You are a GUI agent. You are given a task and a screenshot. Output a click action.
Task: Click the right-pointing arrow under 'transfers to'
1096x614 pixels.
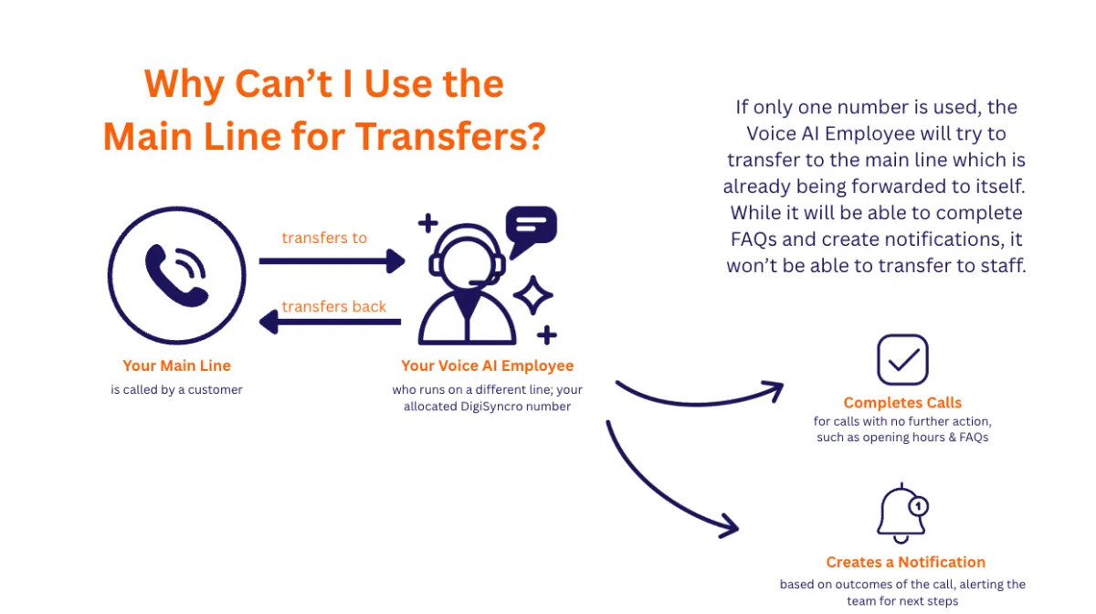point(332,261)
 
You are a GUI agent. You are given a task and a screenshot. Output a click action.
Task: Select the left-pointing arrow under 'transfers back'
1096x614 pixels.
point(330,322)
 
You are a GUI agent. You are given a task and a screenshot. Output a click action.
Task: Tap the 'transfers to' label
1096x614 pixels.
point(324,238)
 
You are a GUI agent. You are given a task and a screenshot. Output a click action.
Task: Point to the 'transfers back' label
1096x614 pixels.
point(333,306)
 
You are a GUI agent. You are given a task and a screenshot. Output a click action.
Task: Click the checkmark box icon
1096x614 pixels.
point(902,360)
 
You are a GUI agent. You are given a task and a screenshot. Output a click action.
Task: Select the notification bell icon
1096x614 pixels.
point(901,514)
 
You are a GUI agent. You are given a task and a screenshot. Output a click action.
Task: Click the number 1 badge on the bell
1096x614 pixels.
point(919,506)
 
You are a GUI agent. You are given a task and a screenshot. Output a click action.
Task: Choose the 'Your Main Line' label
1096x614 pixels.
point(176,365)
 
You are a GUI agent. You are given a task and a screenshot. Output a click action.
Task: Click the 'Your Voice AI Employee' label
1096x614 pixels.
point(488,366)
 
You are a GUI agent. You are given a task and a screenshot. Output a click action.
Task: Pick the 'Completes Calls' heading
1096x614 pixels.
point(902,402)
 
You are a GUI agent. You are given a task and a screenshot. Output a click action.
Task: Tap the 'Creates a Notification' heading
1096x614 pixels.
point(906,562)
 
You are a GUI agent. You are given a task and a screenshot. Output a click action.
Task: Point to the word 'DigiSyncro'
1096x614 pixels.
point(491,407)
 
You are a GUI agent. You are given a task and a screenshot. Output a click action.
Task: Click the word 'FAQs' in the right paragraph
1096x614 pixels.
point(753,239)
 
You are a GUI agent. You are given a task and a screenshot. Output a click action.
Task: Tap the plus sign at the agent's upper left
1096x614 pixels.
point(428,223)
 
